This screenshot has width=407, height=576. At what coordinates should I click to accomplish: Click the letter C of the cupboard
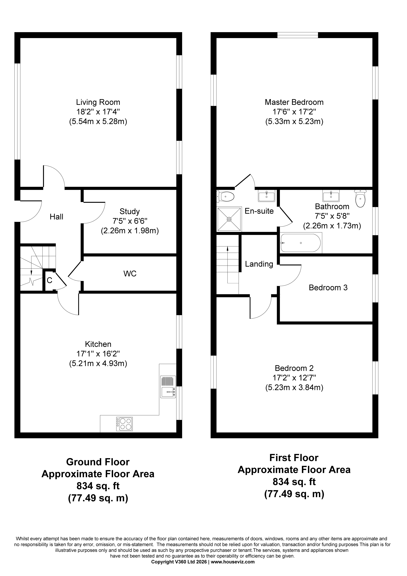click(x=49, y=280)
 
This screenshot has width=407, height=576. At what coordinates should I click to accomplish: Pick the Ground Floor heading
click(x=98, y=462)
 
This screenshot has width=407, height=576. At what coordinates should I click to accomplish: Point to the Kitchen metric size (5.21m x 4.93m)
click(x=98, y=363)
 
